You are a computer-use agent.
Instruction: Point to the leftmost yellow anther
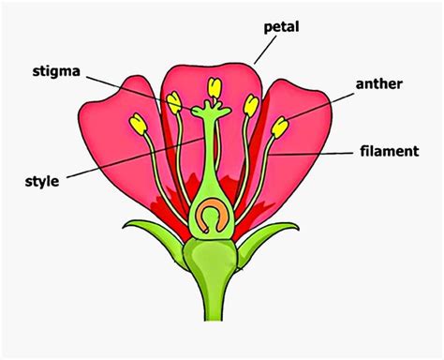point(140,123)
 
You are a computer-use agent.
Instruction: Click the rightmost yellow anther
point(281,127)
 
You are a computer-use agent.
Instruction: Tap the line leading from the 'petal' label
point(267,47)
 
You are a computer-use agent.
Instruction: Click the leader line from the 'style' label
point(122,160)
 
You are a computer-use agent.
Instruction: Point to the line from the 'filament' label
point(318,150)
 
